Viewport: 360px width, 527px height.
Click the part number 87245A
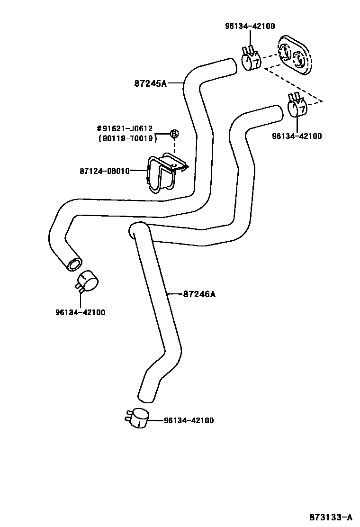click(x=151, y=84)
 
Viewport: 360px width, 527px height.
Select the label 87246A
click(x=199, y=294)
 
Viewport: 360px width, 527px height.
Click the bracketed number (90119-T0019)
click(x=127, y=138)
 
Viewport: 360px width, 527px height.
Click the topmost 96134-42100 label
click(x=250, y=27)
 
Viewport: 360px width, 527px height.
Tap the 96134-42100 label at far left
click(x=81, y=312)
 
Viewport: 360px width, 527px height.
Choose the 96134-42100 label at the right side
click(x=297, y=136)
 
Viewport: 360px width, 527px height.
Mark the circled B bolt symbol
click(x=174, y=134)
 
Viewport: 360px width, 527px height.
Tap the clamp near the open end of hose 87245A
click(x=86, y=282)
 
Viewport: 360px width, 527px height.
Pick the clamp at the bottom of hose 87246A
click(x=138, y=418)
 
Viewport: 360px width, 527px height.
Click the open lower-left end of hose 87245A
click(x=73, y=263)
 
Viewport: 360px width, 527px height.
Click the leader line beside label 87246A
click(x=175, y=294)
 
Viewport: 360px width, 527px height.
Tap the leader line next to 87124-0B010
click(x=138, y=171)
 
